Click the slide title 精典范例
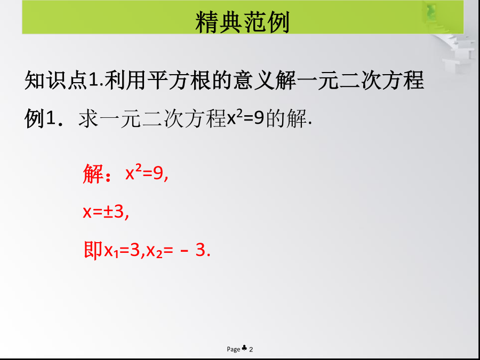[x=242, y=22]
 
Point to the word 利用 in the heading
[x=125, y=80]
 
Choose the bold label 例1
[x=44, y=119]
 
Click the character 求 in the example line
[x=89, y=119]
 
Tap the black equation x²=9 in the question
[x=245, y=118]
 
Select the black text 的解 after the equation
[x=286, y=119]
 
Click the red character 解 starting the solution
[x=93, y=173]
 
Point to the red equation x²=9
[x=145, y=173]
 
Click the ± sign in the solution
[x=108, y=212]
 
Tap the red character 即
[x=93, y=250]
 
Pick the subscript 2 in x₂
[x=159, y=255]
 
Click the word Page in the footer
[x=233, y=349]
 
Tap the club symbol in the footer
[x=244, y=348]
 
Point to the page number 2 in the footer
[x=251, y=349]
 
